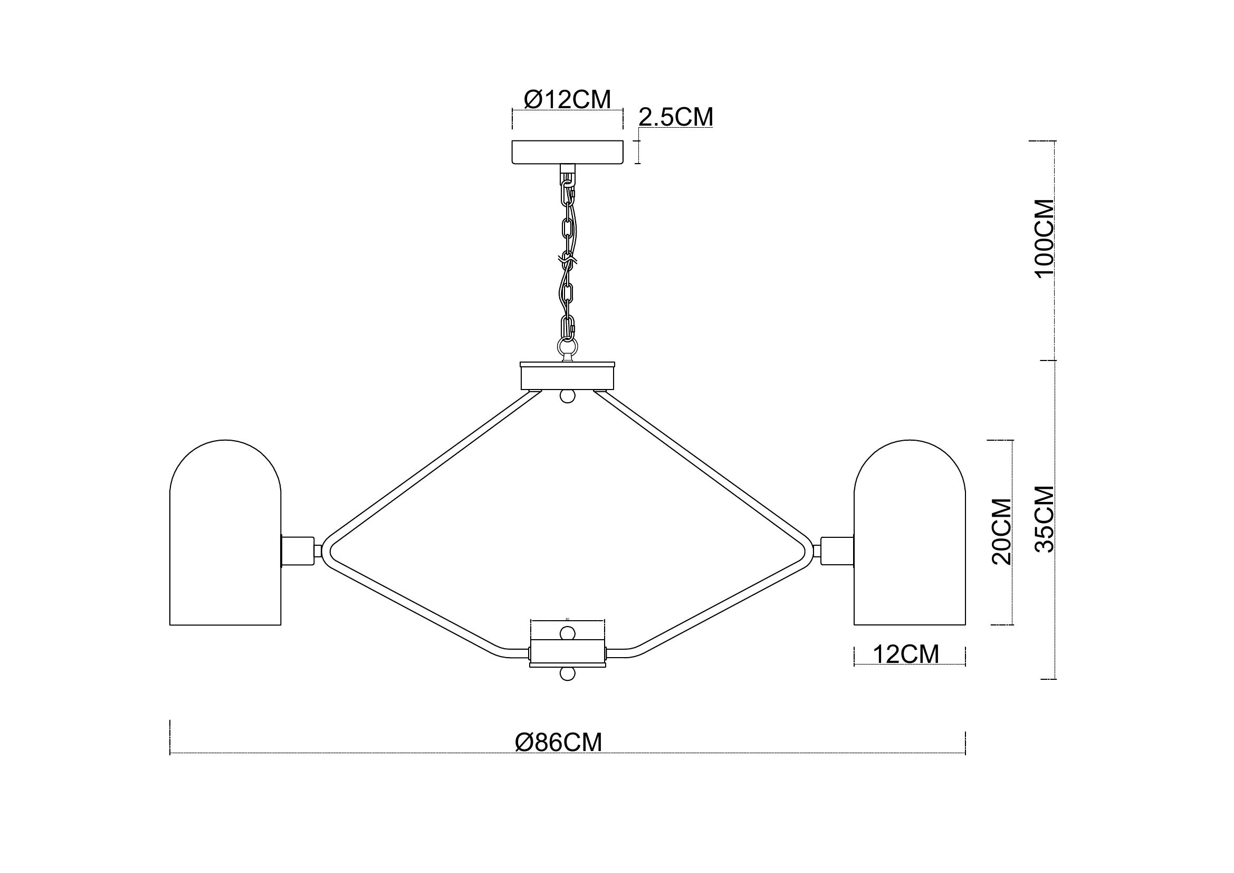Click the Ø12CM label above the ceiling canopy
[x=567, y=99]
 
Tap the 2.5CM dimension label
[x=676, y=117]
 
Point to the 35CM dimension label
[x=1045, y=519]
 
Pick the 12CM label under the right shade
[x=906, y=654]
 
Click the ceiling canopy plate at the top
[x=568, y=152]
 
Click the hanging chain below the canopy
[x=568, y=258]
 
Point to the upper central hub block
[x=567, y=376]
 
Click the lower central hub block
[x=568, y=652]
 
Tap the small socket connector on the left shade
[x=298, y=551]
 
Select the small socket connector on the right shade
[x=837, y=551]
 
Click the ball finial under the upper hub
[x=568, y=396]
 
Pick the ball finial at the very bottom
[x=568, y=674]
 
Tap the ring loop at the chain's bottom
[x=568, y=344]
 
